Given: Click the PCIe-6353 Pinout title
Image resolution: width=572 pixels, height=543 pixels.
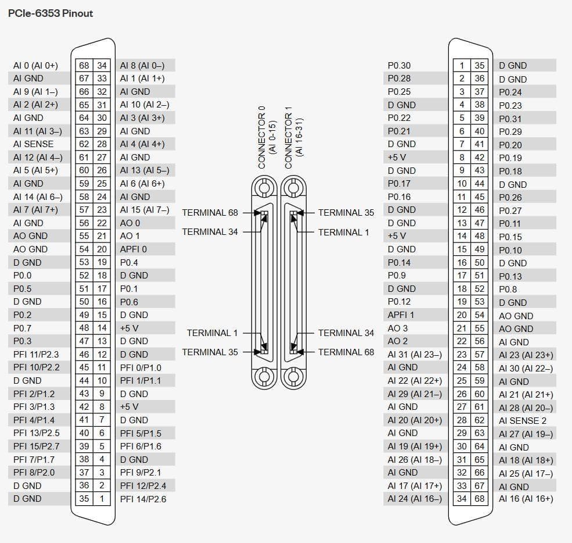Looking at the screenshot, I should pyautogui.click(x=51, y=13).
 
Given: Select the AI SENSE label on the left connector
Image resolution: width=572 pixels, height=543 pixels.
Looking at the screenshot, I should pyautogui.click(x=33, y=144).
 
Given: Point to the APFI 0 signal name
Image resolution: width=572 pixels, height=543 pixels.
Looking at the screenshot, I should pyautogui.click(x=134, y=249).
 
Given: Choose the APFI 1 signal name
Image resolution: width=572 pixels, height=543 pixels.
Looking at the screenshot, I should pyautogui.click(x=401, y=315).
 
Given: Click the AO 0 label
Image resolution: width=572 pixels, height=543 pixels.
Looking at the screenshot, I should pyautogui.click(x=130, y=223).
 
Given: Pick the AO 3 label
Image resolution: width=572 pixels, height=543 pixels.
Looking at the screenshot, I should pyautogui.click(x=398, y=328).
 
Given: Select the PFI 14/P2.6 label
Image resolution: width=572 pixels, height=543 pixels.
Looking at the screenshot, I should pyautogui.click(x=143, y=499).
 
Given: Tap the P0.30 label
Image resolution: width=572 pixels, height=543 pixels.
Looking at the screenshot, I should pyautogui.click(x=399, y=66).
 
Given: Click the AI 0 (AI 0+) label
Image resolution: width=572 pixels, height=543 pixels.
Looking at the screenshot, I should pyautogui.click(x=35, y=66).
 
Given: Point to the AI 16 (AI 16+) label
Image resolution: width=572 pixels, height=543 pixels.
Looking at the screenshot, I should pyautogui.click(x=526, y=499).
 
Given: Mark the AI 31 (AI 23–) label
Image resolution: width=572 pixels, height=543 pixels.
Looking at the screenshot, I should pyautogui.click(x=415, y=354).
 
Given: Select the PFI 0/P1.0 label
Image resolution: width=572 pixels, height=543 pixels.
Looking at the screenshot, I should pyautogui.click(x=141, y=367).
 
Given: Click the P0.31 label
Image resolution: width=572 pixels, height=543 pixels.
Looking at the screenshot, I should pyautogui.click(x=510, y=119).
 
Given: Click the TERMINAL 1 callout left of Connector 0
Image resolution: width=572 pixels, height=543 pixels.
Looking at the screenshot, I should pyautogui.click(x=212, y=333).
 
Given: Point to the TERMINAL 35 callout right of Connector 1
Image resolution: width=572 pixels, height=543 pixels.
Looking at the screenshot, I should pyautogui.click(x=346, y=212).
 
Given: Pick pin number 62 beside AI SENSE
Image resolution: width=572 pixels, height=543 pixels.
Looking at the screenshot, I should pyautogui.click(x=84, y=144).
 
